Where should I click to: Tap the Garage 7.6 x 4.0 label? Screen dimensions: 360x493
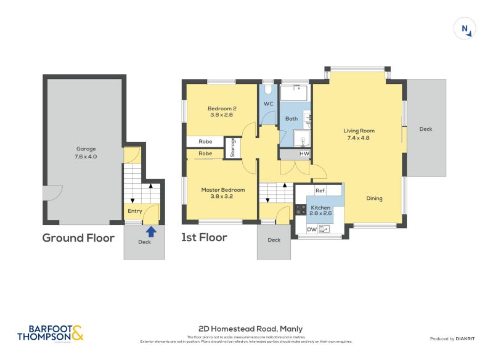pos(86,152)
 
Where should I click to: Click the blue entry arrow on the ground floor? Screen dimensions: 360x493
pos(151,232)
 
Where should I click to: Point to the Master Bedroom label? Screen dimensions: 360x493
pos(223,193)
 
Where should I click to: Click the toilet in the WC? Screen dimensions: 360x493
pos(268,89)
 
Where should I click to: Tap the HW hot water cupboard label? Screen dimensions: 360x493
pos(304,153)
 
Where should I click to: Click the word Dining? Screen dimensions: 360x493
pos(374,198)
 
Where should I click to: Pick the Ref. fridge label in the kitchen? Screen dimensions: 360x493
pos(320,191)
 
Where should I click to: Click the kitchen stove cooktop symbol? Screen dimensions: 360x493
pos(301,210)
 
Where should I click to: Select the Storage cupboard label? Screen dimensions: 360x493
pos(232,149)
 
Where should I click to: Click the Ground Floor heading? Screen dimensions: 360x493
pos(78,238)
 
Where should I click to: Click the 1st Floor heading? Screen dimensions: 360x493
pos(204,238)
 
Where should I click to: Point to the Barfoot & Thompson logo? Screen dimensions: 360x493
pos(50,333)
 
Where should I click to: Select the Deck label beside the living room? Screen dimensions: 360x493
pos(426,129)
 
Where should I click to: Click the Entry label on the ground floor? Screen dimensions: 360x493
pos(134,211)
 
